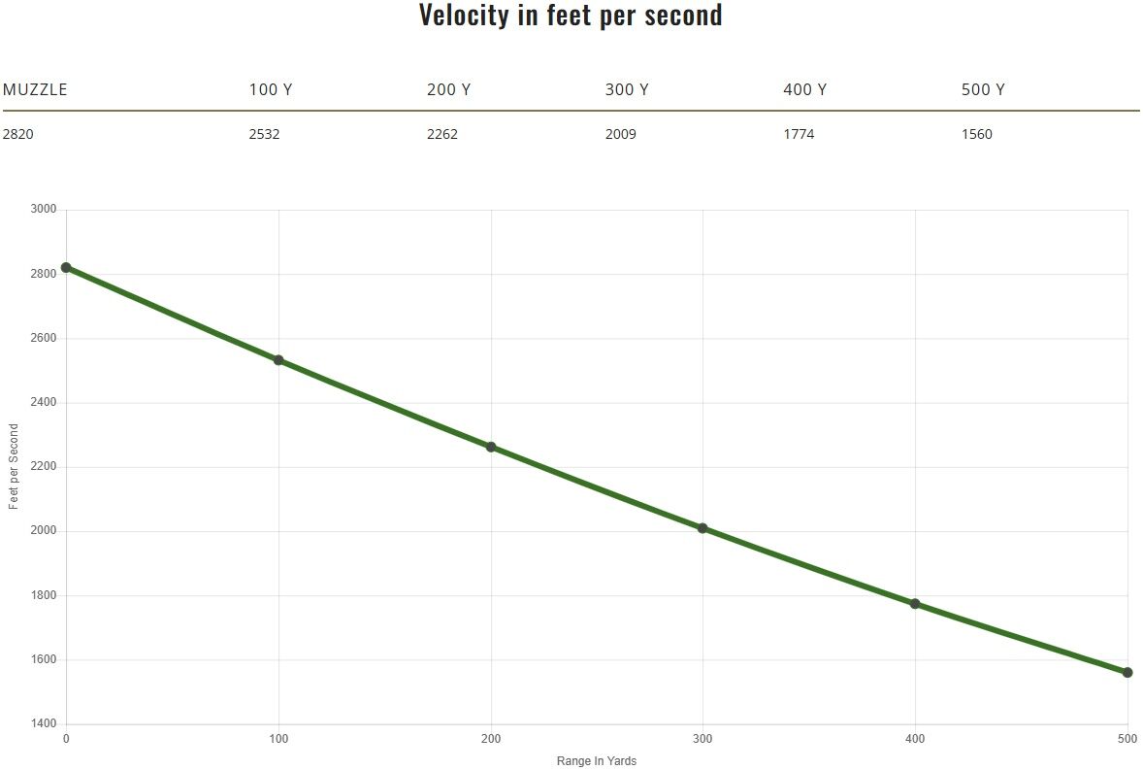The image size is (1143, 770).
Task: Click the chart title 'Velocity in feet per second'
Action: coord(571,16)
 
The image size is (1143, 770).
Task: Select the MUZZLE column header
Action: coord(35,89)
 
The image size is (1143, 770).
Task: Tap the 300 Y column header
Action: coord(627,89)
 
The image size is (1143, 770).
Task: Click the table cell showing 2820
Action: coord(18,134)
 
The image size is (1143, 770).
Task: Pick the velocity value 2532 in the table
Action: coord(264,134)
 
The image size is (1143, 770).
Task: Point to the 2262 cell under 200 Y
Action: coord(442,134)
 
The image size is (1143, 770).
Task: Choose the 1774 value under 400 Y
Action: coord(799,134)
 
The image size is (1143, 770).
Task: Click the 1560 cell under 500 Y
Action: coord(977,134)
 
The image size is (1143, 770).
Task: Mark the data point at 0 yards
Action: coord(66,267)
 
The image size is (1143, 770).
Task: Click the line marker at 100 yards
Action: coord(278,360)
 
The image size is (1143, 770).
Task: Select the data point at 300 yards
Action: coord(702,528)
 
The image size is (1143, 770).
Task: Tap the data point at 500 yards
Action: coord(1127,672)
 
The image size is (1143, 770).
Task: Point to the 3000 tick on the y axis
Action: coord(44,209)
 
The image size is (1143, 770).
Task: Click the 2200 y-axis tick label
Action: coord(44,466)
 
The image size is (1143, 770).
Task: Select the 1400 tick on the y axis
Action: coord(44,723)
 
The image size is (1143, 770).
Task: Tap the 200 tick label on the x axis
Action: coord(491,739)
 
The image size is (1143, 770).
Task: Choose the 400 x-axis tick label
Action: coord(915,739)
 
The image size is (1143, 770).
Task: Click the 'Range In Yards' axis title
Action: coord(597,761)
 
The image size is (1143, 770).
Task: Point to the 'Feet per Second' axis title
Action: coord(14,466)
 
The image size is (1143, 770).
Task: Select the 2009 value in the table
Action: coord(621,134)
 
